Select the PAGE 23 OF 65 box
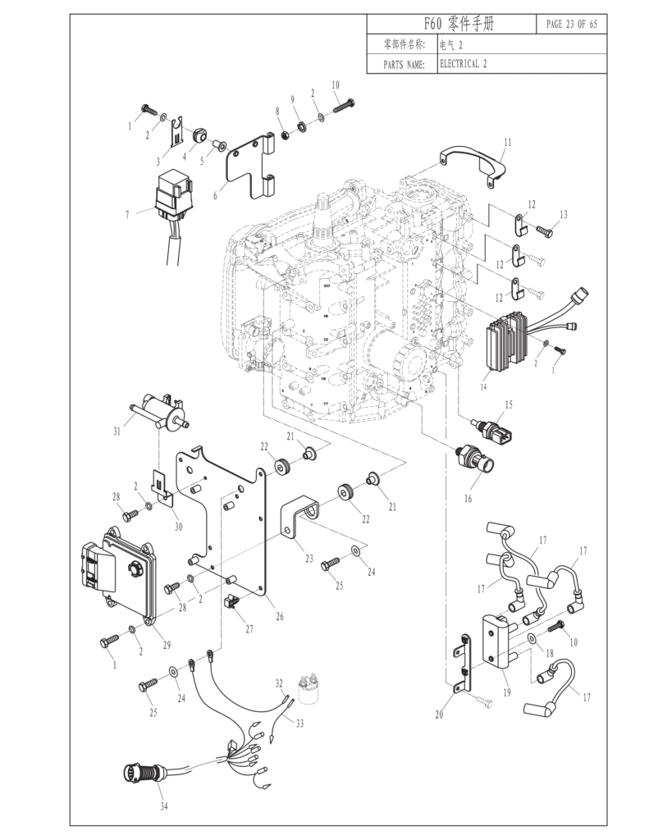tap(571, 24)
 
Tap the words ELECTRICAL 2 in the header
tap(464, 63)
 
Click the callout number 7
tap(127, 215)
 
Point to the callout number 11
tap(507, 142)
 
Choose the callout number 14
tap(483, 386)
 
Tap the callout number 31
tap(117, 431)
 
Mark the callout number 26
tap(279, 616)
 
